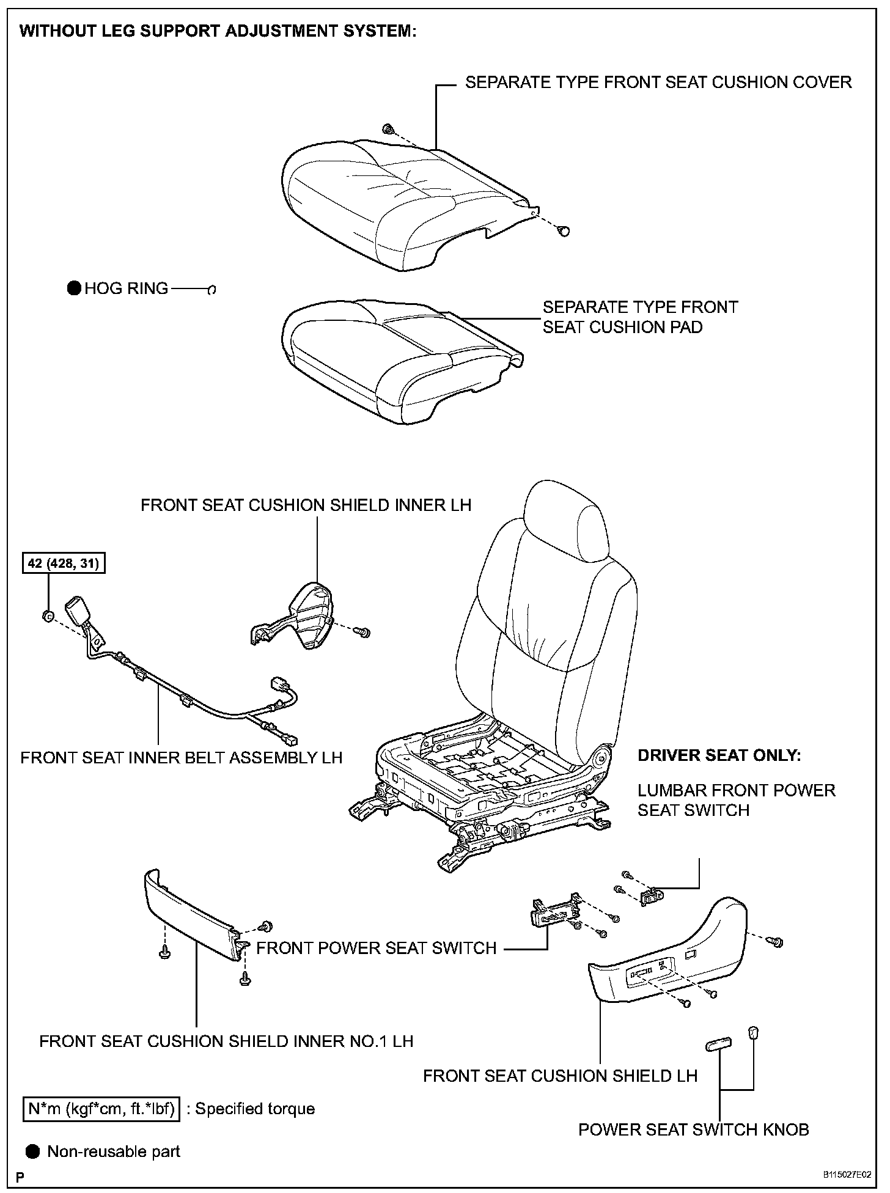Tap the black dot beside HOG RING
(74, 288)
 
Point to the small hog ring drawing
(212, 290)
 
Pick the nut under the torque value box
(47, 615)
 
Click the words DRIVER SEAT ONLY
(719, 755)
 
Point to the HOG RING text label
(126, 288)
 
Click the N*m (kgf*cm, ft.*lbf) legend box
(102, 1109)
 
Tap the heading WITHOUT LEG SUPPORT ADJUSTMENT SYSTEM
(218, 32)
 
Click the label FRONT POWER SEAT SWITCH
(376, 948)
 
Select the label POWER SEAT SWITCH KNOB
(693, 1129)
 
